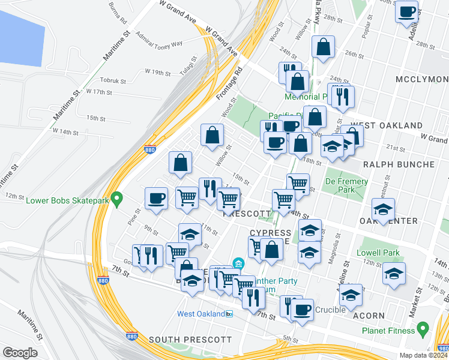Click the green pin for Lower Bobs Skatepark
pos(118,197)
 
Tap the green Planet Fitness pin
pos(423,329)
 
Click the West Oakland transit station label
pos(200,314)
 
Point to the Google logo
pos(20,353)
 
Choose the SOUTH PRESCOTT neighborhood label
pos(190,340)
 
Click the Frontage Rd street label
pos(229,85)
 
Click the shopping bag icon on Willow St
pos(212,135)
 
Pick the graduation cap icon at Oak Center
pos(383,210)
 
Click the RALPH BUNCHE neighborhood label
pos(398,164)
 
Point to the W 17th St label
pos(99,92)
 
